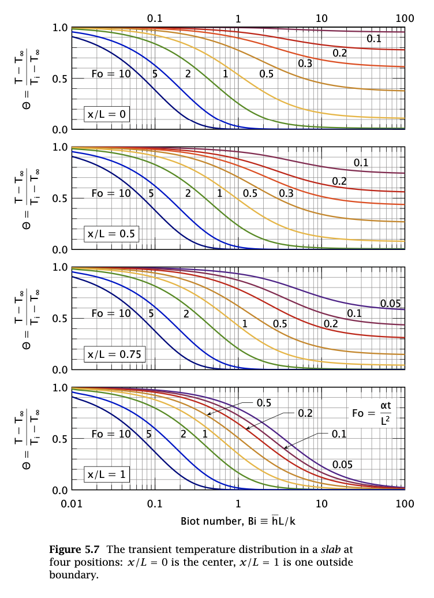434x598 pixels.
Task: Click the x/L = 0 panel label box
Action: (x=107, y=114)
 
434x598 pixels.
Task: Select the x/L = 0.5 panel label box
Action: (x=112, y=234)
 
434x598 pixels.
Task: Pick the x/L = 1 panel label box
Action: (x=107, y=474)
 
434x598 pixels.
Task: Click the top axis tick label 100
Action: (x=405, y=18)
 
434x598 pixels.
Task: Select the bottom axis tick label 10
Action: (x=321, y=503)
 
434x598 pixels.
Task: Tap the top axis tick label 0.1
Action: (x=155, y=18)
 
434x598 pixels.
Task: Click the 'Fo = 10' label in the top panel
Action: (x=111, y=74)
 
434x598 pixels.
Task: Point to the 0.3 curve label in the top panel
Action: (x=305, y=63)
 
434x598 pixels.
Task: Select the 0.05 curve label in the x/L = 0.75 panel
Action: (x=390, y=303)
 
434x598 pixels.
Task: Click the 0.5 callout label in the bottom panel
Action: (x=264, y=403)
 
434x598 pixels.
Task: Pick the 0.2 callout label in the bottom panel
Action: (x=305, y=413)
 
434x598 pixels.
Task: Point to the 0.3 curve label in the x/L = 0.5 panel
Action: (x=286, y=194)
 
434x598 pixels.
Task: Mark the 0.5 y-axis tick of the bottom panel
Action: (x=59, y=439)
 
